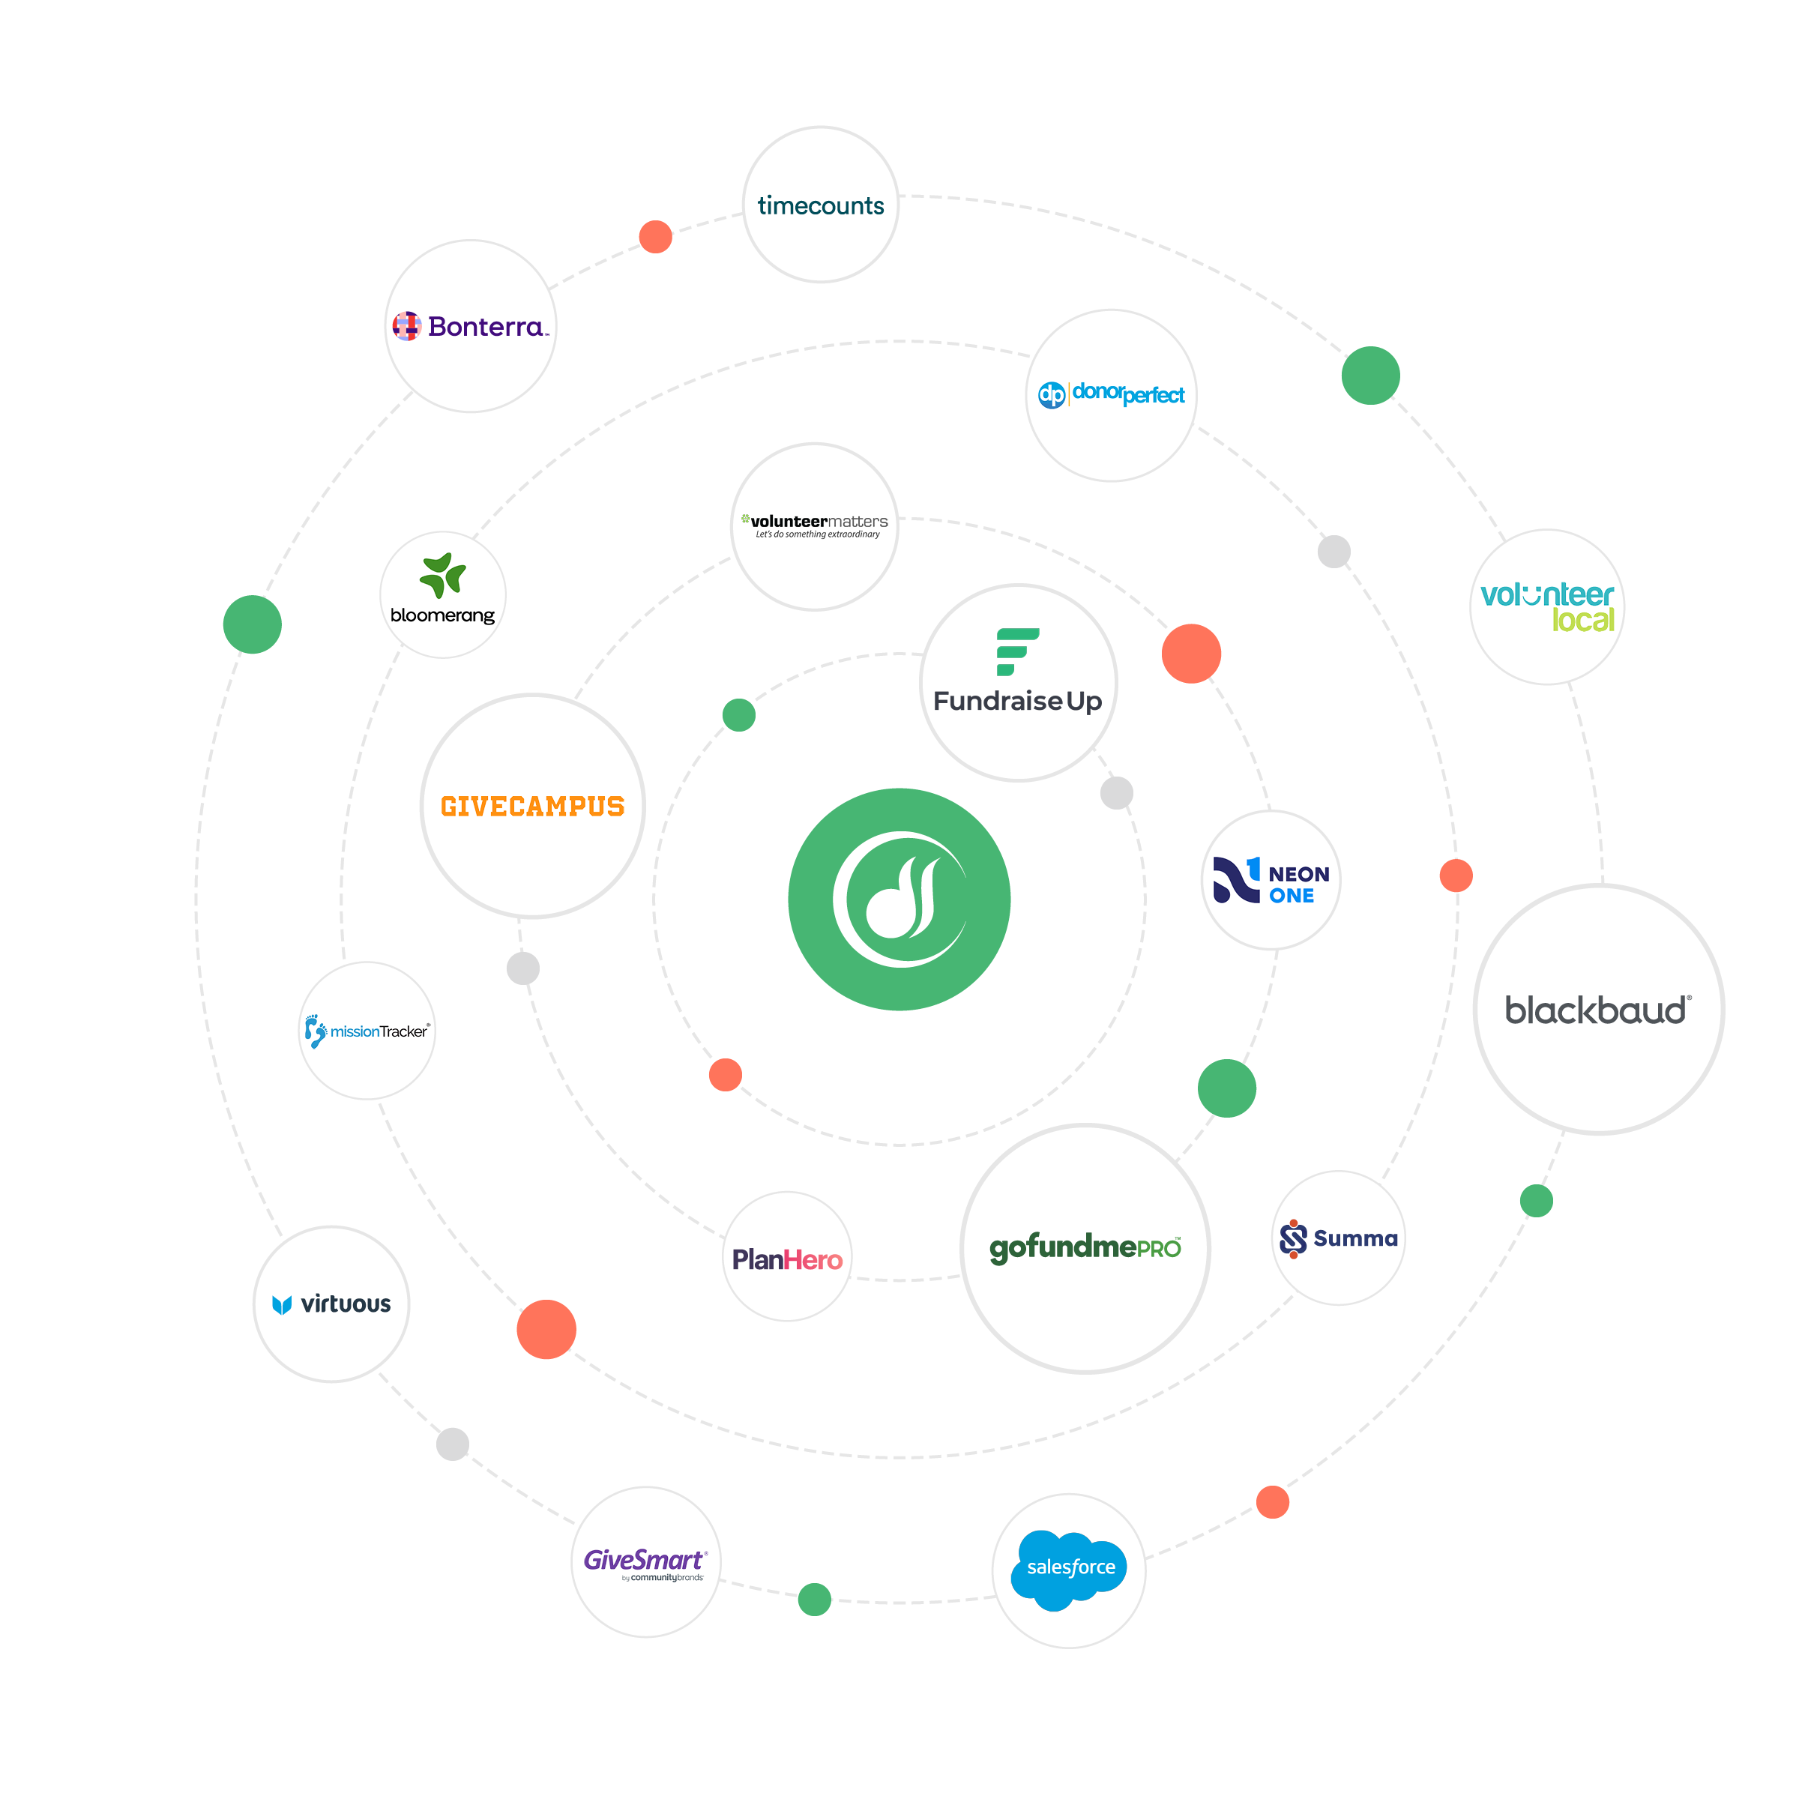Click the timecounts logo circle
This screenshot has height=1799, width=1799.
pyautogui.click(x=820, y=205)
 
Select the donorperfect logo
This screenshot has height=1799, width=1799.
pyautogui.click(x=1111, y=395)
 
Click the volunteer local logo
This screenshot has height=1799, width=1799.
pyautogui.click(x=1546, y=607)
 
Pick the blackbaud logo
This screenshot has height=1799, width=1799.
pyautogui.click(x=1598, y=1010)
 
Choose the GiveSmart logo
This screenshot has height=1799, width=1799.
pyautogui.click(x=645, y=1562)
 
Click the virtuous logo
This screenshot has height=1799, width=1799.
pyautogui.click(x=331, y=1304)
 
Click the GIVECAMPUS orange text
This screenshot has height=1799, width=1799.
pyautogui.click(x=533, y=807)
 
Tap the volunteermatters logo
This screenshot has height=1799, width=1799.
pyautogui.click(x=815, y=526)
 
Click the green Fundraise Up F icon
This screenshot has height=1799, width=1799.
pyautogui.click(x=1017, y=651)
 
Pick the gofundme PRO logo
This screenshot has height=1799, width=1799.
pyautogui.click(x=1085, y=1248)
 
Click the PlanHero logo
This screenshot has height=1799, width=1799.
pyautogui.click(x=787, y=1259)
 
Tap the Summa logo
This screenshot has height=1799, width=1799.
pyautogui.click(x=1338, y=1238)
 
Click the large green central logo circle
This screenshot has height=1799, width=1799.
pyautogui.click(x=899, y=899)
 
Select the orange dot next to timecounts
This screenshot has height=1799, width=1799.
pyautogui.click(x=656, y=237)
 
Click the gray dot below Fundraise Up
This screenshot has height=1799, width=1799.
pyautogui.click(x=1116, y=793)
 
